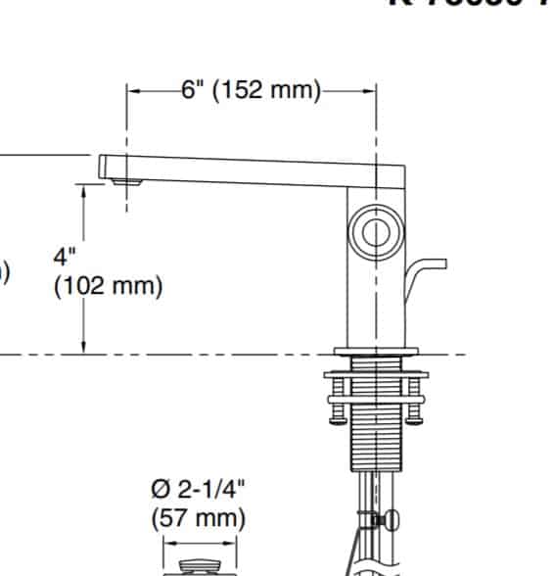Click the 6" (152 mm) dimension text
pos(251,90)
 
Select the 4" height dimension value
pos(65,258)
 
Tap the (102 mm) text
pos(108,287)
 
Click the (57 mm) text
pos(199,517)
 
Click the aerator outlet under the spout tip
pos(123,181)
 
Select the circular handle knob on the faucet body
pos(376,233)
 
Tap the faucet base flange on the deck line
pos(376,351)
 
